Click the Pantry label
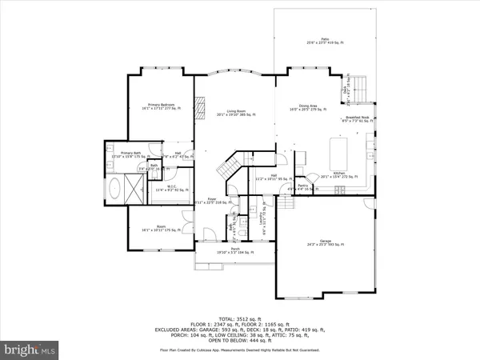tap(302, 186)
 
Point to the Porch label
tap(236, 250)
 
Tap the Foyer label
tap(213, 200)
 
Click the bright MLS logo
tap(30, 350)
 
